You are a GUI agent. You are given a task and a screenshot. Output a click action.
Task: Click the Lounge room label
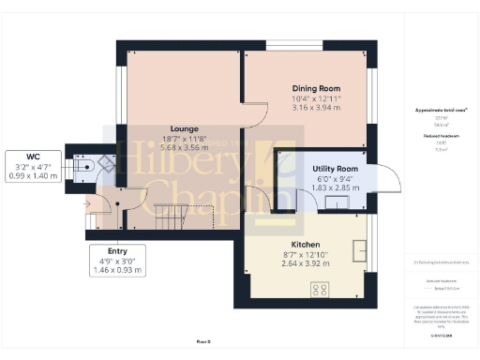coord(183,128)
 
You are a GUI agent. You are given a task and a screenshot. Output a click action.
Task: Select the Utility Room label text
coord(336,168)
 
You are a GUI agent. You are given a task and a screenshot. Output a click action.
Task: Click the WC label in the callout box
coord(33,156)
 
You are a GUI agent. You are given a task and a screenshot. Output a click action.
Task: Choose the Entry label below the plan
coord(117,251)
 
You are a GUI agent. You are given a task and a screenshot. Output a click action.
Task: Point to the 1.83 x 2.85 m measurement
coord(336,187)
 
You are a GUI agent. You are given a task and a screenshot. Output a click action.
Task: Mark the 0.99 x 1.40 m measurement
coord(33,174)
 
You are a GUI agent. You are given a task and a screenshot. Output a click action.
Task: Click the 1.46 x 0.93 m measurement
coord(117,270)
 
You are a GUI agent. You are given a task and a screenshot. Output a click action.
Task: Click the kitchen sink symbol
coord(358,248)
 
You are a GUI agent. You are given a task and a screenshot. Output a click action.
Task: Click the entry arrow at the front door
coord(88,201)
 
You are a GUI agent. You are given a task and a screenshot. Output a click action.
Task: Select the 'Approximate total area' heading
coord(442,110)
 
